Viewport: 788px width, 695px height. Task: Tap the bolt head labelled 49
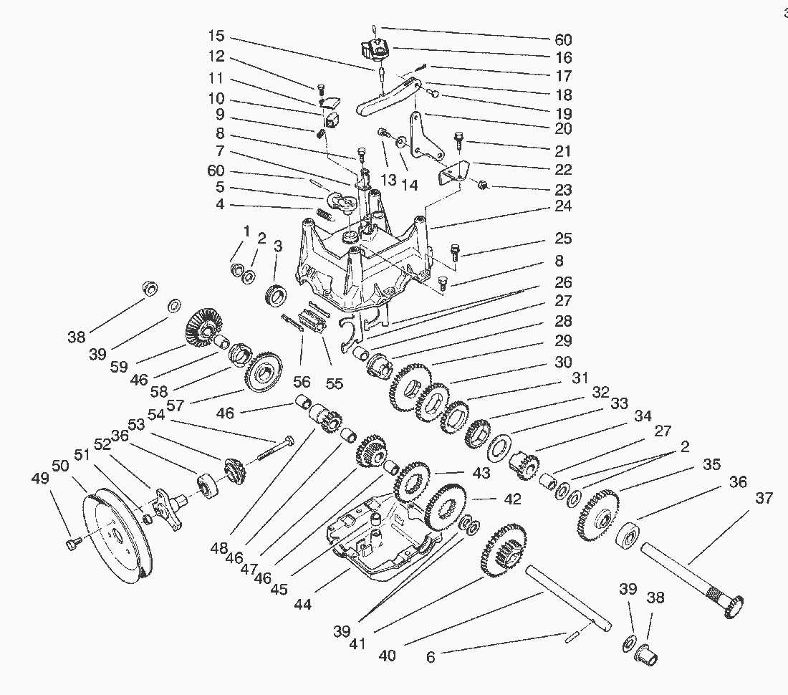point(71,546)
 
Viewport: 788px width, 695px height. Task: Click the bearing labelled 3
point(276,296)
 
